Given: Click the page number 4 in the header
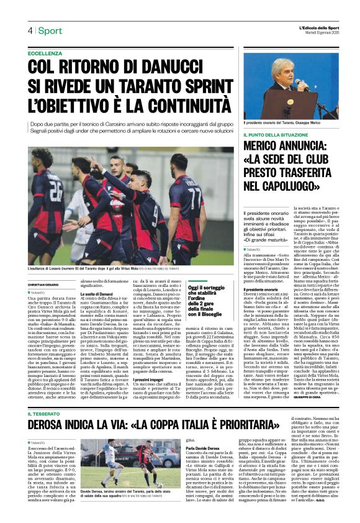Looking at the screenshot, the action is [29, 30].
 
